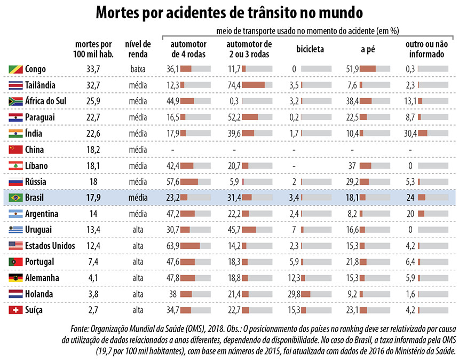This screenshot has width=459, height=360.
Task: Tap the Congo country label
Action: pos(35,69)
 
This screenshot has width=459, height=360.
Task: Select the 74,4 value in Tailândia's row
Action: pos(234,85)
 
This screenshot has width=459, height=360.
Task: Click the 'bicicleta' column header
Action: pos(310,49)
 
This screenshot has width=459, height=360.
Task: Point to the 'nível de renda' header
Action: pos(138,49)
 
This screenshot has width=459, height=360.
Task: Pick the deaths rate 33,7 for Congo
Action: pos(94,69)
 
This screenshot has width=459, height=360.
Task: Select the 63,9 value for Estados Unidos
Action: pos(172,246)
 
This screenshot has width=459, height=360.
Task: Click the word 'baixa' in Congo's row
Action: pos(138,69)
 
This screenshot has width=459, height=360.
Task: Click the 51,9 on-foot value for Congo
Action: pos(352,69)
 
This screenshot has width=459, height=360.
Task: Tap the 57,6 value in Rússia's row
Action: pos(172,182)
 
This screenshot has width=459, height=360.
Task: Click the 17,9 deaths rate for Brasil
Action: pos(94,198)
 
